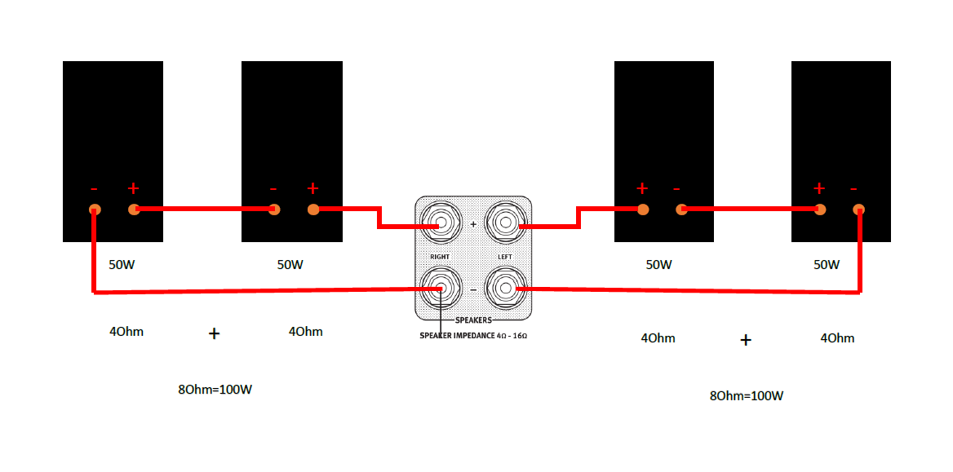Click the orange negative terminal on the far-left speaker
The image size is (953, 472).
[95, 210]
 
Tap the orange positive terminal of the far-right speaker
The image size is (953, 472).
[820, 210]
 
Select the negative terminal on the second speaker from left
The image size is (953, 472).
[274, 210]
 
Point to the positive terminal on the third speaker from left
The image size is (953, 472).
[643, 210]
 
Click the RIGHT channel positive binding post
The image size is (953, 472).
[441, 224]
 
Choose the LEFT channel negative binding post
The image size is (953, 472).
[506, 288]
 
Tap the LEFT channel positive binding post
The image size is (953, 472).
[506, 224]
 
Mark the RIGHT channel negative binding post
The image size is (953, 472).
[441, 288]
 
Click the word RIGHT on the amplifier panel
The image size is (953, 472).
[440, 257]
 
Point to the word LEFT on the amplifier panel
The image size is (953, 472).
[505, 257]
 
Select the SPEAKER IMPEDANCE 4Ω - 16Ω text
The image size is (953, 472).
[473, 335]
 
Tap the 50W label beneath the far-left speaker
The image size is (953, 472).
[122, 265]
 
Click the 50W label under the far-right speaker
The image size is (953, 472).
[827, 265]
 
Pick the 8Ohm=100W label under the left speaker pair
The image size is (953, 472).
[215, 390]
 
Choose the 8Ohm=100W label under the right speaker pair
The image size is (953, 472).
[747, 396]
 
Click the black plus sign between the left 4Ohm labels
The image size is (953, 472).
[214, 333]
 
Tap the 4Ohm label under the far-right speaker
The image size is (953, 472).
[837, 338]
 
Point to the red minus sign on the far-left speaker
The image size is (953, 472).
[94, 188]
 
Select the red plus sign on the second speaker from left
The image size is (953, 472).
[312, 187]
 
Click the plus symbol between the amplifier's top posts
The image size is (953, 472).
[473, 224]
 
